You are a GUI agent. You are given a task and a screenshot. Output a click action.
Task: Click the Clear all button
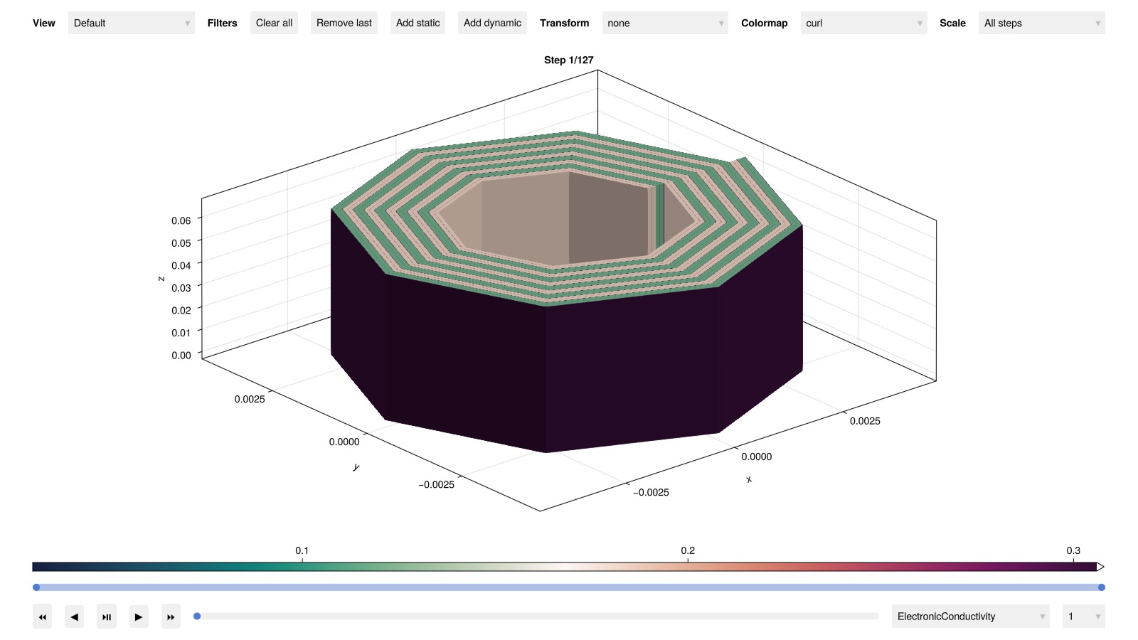click(274, 23)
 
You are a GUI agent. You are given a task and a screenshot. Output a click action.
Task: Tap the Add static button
click(418, 23)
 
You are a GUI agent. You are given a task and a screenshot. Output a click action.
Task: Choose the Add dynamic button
click(491, 23)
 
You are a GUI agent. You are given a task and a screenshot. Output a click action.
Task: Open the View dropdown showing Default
click(131, 23)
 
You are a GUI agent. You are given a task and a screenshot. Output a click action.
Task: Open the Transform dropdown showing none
click(664, 23)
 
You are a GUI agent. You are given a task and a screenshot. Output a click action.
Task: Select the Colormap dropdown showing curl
click(863, 23)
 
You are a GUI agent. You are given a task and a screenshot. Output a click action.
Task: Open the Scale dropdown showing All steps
click(1041, 23)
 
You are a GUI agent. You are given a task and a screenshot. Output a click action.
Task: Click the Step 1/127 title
click(568, 60)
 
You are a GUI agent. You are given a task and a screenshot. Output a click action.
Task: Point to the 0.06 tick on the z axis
click(181, 220)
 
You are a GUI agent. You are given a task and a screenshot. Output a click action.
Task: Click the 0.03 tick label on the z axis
click(181, 288)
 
